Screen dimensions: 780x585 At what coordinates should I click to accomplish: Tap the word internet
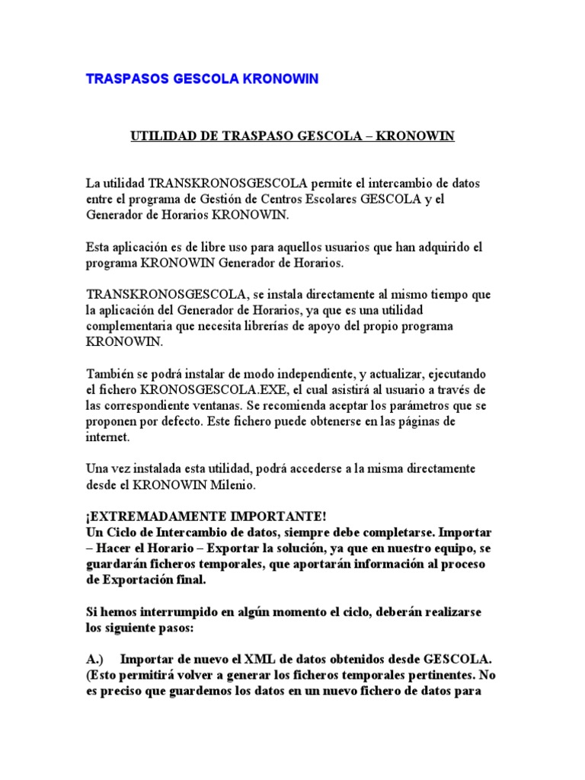pos(108,436)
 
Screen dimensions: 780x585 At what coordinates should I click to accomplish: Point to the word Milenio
pos(238,484)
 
